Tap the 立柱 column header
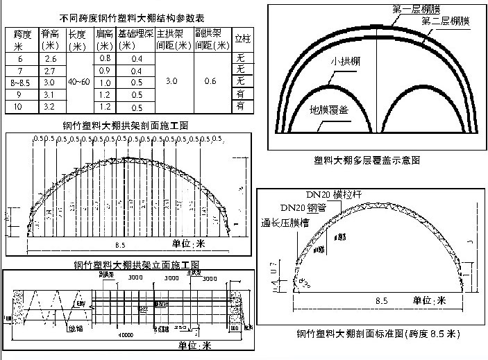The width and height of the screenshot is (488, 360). click(x=242, y=39)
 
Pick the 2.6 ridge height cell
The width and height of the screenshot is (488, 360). click(x=50, y=59)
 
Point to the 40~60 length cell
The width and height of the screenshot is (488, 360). click(x=78, y=82)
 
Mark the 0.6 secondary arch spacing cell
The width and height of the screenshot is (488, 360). click(x=212, y=82)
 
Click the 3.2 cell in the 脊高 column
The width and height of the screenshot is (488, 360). click(x=50, y=107)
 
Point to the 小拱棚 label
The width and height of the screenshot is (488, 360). click(x=344, y=61)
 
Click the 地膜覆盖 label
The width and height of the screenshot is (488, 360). click(x=330, y=109)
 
